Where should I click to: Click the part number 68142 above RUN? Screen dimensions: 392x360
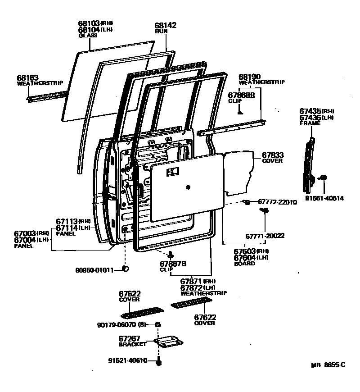165,26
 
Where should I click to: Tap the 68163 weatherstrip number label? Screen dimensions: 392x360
28,77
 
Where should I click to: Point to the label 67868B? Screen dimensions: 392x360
241,95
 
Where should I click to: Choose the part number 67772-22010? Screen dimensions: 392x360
277,202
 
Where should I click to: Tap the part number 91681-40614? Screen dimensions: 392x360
324,198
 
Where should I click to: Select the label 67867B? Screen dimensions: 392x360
173,264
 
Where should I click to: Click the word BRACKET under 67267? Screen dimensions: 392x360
132,344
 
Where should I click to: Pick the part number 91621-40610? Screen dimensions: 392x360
128,360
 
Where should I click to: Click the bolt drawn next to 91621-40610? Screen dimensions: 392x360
158,361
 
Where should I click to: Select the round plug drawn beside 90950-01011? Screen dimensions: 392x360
126,269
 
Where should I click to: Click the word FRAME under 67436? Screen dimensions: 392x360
310,123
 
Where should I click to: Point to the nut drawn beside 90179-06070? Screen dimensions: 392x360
158,324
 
